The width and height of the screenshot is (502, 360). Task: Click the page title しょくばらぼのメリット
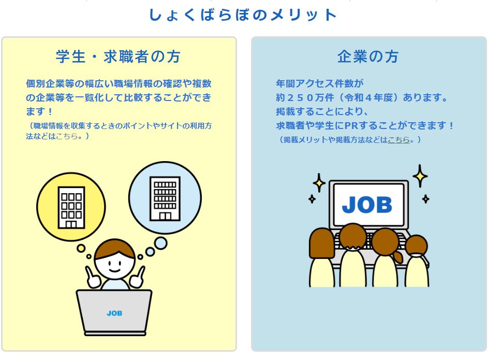point(243,15)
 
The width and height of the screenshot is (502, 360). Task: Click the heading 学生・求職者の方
point(118,57)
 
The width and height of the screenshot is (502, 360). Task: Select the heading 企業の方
point(368,57)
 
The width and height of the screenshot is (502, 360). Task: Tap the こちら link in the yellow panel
point(67,136)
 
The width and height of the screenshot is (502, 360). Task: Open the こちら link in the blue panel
point(398,139)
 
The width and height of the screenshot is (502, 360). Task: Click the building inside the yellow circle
point(71,207)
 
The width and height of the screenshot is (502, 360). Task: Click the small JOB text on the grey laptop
point(114,313)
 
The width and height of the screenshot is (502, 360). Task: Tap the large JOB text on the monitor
point(367,205)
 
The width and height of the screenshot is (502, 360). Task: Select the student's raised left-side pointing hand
point(92,278)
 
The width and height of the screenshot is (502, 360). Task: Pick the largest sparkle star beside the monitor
point(420,176)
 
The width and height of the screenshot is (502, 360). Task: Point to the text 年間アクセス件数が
point(319,83)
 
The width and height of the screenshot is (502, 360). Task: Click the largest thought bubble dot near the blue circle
point(160,243)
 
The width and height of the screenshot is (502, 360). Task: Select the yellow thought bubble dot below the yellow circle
point(81,249)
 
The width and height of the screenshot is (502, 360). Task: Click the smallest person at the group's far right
point(417,261)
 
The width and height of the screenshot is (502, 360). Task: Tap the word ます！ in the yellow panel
point(39,111)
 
